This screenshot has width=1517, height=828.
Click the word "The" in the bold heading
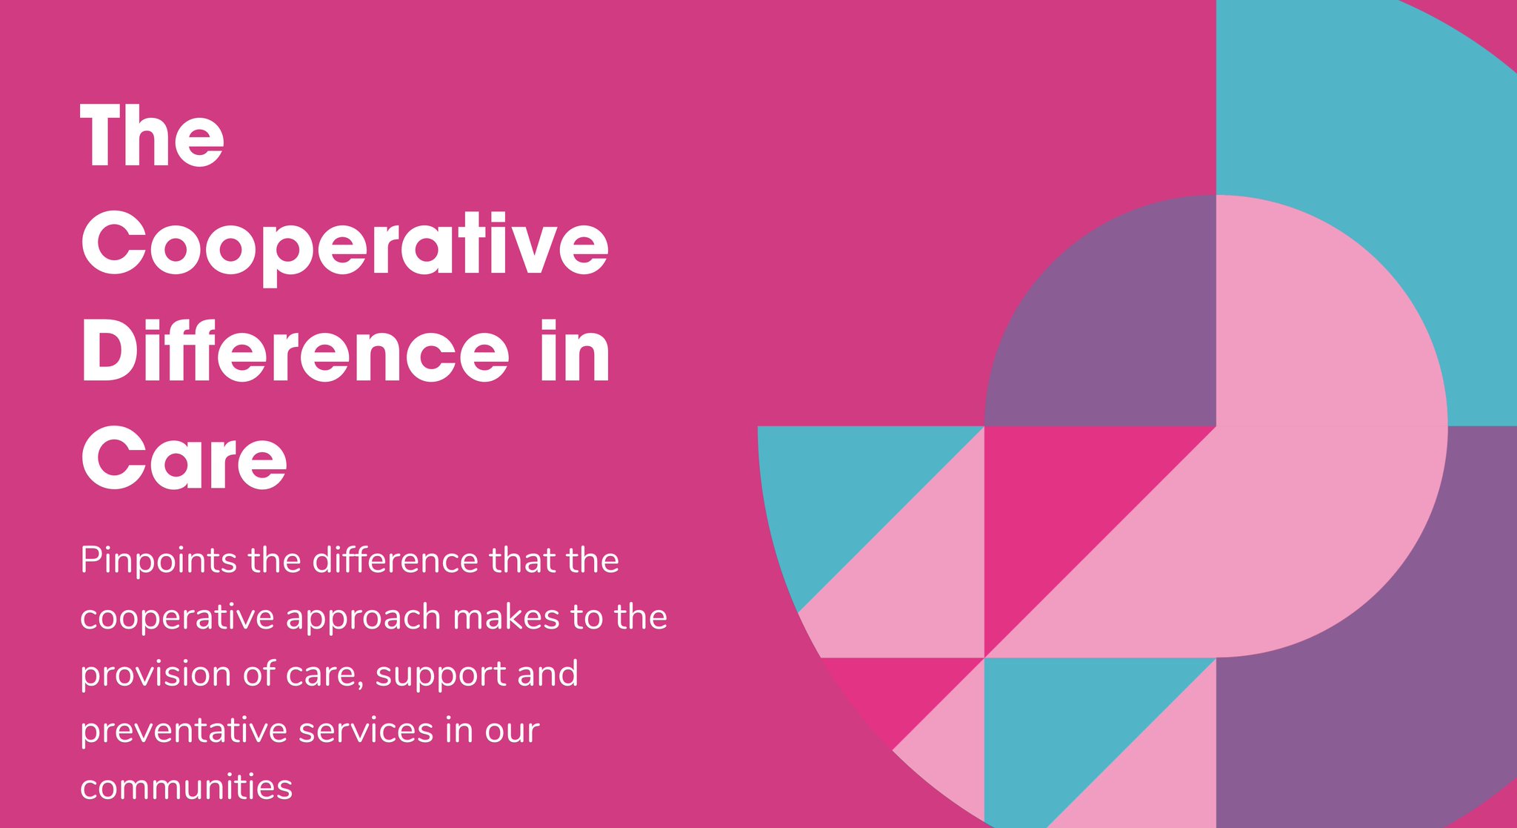(x=152, y=136)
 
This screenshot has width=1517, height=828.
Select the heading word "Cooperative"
(x=344, y=245)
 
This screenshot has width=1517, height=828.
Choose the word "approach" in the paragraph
(x=363, y=618)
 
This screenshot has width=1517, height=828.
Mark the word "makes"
(x=506, y=617)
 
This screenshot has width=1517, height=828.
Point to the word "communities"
(x=186, y=787)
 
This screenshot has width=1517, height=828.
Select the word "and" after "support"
(x=547, y=674)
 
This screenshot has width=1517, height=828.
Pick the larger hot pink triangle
(x=1059, y=504)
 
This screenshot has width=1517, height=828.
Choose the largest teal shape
(x=1363, y=148)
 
